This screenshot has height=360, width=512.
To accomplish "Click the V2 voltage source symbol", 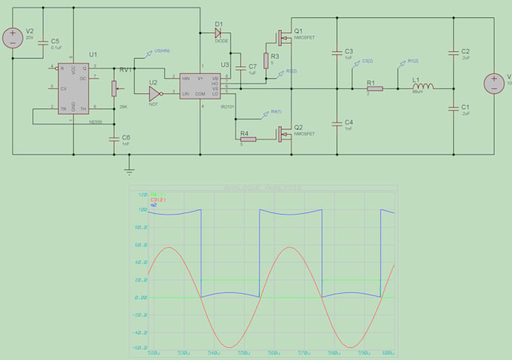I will click(x=13, y=37).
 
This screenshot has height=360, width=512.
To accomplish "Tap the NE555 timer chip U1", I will click(x=74, y=90).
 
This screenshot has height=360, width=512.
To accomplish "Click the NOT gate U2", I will click(x=154, y=93).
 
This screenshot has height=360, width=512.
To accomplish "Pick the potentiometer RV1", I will click(x=114, y=87).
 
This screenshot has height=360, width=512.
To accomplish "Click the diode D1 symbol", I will click(x=218, y=32).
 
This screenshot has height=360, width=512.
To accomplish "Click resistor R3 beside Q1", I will click(x=265, y=60).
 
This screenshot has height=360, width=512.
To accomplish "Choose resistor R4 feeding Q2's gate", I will click(x=247, y=139).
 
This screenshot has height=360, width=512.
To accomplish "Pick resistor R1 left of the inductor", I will click(x=373, y=88).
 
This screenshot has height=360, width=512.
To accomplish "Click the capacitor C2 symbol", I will click(x=454, y=53).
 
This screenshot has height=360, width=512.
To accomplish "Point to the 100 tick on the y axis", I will click(x=141, y=210).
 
